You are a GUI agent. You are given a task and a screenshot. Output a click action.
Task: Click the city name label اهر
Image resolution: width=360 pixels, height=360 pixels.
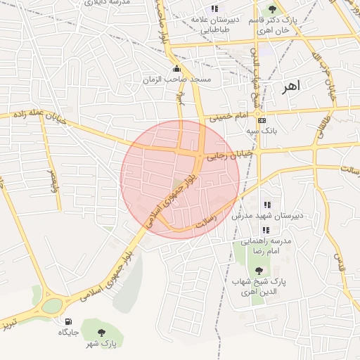click(x=290, y=87)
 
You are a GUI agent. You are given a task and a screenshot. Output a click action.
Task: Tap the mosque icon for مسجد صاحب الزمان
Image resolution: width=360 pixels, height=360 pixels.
click(x=176, y=69)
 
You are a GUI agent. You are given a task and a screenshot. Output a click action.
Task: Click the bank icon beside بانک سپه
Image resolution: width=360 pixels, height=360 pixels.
click(x=262, y=120)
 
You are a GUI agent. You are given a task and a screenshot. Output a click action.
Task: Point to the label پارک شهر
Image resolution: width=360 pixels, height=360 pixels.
click(x=101, y=344)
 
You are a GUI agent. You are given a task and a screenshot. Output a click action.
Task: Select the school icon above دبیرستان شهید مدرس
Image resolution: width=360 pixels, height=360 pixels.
click(x=266, y=205)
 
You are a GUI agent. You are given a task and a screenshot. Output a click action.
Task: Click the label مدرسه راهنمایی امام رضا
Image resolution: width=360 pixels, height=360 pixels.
click(x=264, y=245)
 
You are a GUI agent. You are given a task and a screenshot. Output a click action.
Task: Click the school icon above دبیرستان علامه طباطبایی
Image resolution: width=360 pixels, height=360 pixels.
click(x=214, y=8)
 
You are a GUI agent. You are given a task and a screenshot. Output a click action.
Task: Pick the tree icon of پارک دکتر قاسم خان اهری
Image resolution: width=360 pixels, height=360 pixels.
click(x=273, y=9)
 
